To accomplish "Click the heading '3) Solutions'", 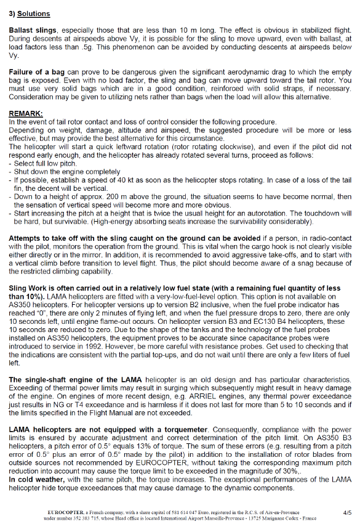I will pyautogui.click(x=30, y=13).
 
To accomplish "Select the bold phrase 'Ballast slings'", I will pyautogui.click(x=33, y=30).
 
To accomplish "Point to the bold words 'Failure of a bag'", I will pyautogui.click(x=36, y=73).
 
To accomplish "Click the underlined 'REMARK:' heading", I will pyautogui.click(x=26, y=114).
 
